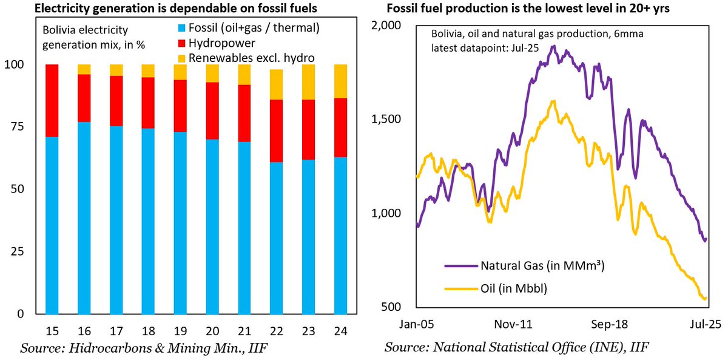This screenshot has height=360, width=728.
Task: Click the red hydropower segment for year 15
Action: [52, 101]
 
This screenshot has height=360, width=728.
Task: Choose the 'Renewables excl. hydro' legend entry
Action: [249, 58]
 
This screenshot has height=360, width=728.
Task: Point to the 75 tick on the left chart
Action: [21, 127]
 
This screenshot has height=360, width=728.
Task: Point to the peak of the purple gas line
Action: [553, 46]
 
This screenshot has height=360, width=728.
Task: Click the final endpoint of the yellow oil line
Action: [706, 297]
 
